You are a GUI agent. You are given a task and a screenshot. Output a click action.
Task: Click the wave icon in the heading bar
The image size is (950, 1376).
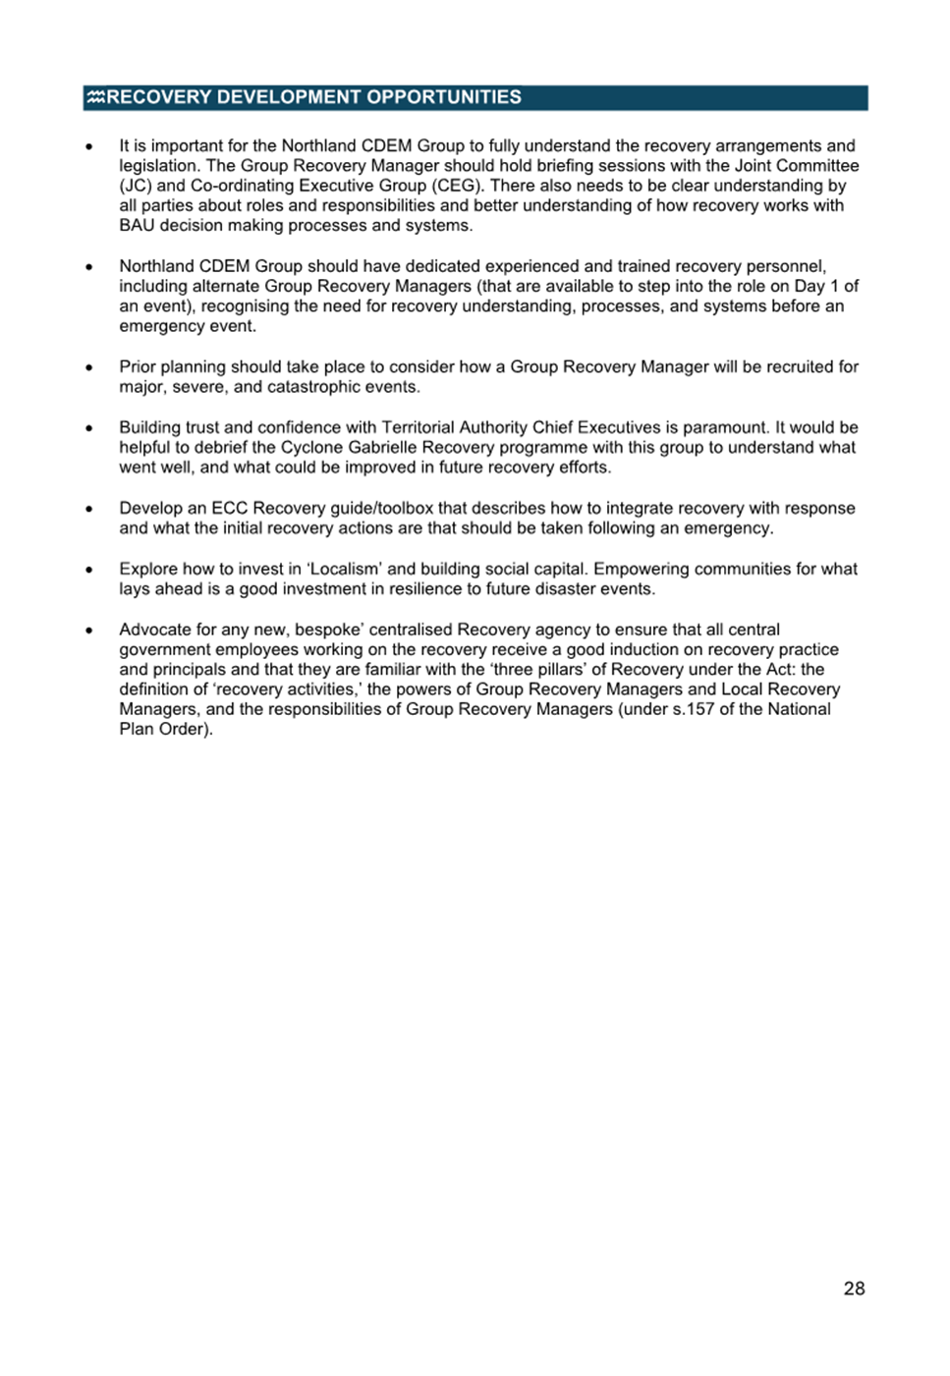point(95,97)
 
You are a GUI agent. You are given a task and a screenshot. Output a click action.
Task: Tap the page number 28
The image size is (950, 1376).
point(854,1289)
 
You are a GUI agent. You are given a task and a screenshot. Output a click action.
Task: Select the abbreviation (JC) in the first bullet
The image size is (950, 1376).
point(136,186)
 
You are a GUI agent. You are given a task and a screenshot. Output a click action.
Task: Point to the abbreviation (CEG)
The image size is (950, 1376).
point(457,186)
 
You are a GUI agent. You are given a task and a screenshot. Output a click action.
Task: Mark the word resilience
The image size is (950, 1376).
point(411,589)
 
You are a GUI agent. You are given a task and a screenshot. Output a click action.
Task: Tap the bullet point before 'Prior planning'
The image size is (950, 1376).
point(89,367)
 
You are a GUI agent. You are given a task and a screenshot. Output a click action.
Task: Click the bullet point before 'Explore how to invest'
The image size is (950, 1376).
point(89,570)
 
